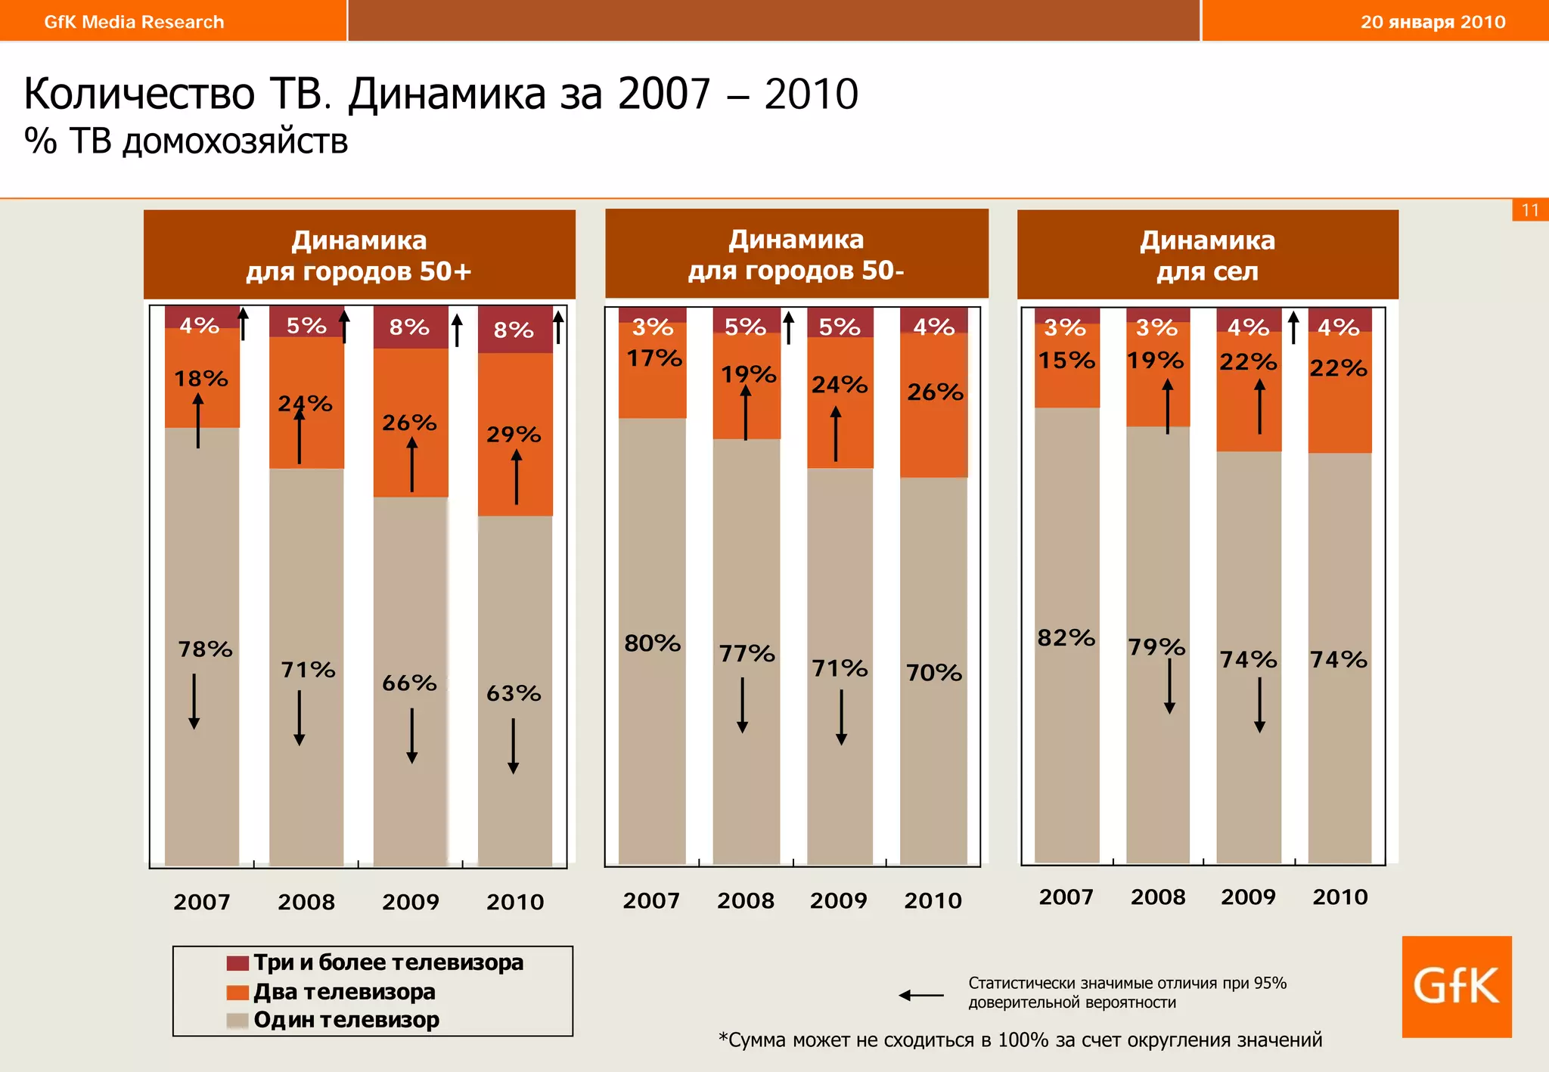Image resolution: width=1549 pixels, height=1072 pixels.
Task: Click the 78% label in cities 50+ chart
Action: tap(205, 649)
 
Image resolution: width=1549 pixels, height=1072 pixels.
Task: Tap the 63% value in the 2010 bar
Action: tap(514, 693)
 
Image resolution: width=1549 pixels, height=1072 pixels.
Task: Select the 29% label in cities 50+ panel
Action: tap(514, 435)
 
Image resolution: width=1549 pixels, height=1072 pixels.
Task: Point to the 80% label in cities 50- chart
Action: tap(652, 643)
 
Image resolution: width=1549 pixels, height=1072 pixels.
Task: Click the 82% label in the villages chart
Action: tap(1066, 638)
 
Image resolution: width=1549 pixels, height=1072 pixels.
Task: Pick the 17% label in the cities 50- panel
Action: tap(654, 358)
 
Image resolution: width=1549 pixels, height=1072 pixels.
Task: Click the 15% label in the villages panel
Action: tap(1066, 361)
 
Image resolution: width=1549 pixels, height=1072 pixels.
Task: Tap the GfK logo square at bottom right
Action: tap(1456, 986)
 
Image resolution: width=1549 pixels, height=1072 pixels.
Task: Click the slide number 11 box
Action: tap(1529, 210)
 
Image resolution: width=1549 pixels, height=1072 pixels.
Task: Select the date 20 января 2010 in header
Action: tap(1433, 22)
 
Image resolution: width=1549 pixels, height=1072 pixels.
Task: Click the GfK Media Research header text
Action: tap(134, 22)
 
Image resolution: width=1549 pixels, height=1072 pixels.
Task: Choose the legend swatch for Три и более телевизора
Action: tap(237, 963)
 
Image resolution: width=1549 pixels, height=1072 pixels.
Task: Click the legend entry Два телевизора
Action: tap(344, 991)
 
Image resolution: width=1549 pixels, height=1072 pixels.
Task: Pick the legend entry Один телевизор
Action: tap(346, 1020)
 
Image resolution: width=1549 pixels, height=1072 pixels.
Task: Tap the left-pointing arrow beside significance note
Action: tap(920, 995)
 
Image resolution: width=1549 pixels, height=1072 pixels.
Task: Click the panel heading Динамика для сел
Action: tap(1207, 256)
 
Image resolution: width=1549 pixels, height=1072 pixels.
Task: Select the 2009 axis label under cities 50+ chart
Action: tap(410, 902)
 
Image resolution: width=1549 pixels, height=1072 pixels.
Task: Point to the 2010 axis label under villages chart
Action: tap(1339, 897)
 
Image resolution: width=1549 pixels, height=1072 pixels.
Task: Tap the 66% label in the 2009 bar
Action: tap(409, 683)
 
